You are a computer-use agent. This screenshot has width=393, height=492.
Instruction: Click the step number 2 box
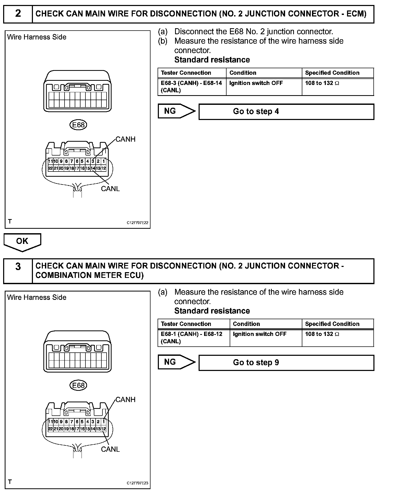[18, 14]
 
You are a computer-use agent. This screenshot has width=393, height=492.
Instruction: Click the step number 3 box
[18, 267]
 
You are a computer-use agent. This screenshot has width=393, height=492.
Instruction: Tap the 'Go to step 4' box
[286, 112]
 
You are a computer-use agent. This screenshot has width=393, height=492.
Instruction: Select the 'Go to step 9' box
[286, 363]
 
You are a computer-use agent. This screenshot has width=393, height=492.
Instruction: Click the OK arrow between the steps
[22, 242]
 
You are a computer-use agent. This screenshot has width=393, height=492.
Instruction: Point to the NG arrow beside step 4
[176, 111]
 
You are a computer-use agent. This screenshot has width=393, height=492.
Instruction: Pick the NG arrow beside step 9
[176, 362]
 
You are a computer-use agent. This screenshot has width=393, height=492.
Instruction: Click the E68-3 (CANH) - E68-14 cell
[192, 87]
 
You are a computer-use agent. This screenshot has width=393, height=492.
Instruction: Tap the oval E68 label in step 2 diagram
[78, 125]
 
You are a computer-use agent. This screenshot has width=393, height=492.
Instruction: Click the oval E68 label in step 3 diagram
[78, 385]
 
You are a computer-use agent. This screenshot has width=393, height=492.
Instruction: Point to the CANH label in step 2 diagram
[125, 139]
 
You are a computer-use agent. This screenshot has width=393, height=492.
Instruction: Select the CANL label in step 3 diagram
[110, 449]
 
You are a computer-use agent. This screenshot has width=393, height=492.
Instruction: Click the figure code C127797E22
[137, 223]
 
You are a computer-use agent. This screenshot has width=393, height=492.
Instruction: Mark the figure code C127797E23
[137, 483]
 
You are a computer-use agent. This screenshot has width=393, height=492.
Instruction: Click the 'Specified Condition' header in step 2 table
[332, 73]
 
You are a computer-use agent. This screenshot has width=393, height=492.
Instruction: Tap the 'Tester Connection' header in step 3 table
[186, 324]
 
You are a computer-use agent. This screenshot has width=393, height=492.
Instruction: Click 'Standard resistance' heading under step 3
[212, 311]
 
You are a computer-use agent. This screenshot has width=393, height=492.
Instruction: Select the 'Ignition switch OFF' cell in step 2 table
[256, 83]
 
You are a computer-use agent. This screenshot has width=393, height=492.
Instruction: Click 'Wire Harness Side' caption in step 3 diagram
[37, 298]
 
